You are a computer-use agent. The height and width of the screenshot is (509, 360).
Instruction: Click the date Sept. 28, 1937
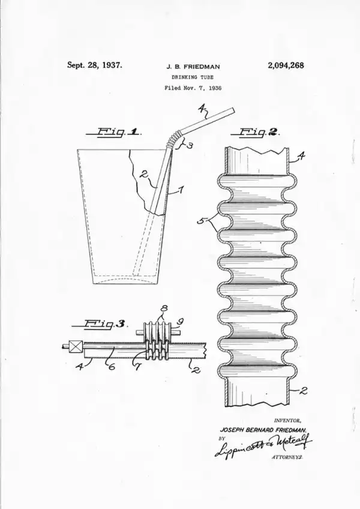tap(94, 65)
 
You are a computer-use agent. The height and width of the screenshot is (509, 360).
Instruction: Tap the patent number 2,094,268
tap(286, 65)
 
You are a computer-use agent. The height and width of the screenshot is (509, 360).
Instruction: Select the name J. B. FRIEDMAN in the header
tap(193, 67)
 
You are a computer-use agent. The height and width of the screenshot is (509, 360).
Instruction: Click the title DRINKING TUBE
tap(193, 77)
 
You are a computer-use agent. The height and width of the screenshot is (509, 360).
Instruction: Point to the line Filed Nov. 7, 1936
tap(193, 88)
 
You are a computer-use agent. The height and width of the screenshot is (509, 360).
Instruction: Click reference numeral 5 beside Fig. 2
tap(200, 221)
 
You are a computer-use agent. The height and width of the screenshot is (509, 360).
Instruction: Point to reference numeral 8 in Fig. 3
tap(164, 309)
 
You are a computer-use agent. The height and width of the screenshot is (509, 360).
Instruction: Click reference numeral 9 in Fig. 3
tap(181, 322)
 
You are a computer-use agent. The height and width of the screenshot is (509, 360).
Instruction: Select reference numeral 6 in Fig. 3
tap(111, 367)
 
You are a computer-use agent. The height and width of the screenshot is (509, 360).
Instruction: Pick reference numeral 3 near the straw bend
tap(190, 145)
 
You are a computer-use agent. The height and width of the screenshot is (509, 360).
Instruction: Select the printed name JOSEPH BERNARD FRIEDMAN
tap(263, 430)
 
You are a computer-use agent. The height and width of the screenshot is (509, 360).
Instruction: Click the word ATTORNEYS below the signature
tap(287, 457)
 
